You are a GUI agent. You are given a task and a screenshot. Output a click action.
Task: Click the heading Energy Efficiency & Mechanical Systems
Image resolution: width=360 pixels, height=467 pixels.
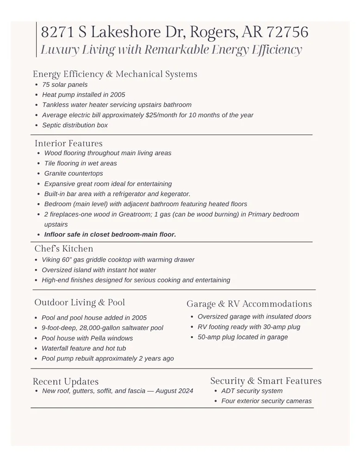(x=115, y=74)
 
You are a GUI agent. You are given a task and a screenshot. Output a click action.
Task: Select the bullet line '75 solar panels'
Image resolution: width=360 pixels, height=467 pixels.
(x=64, y=85)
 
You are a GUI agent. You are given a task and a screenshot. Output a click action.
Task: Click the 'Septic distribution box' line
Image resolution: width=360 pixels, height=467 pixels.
(x=74, y=125)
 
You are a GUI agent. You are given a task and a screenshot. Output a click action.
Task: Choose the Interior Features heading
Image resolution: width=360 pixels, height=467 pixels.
(x=68, y=143)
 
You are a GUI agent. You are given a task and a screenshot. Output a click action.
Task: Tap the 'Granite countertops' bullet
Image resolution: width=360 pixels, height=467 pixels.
(x=74, y=173)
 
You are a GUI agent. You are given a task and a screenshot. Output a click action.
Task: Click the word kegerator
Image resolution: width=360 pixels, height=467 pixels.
(x=175, y=194)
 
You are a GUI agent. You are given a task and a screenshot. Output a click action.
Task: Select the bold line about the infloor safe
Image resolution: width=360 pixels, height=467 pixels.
(x=110, y=234)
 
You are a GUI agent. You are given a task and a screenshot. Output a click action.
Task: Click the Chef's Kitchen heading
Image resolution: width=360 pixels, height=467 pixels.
(x=64, y=249)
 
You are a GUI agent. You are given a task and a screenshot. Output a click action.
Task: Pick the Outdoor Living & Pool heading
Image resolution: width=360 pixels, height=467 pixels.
(x=80, y=303)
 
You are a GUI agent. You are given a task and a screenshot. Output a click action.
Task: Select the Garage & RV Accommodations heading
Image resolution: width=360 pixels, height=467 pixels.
(x=249, y=304)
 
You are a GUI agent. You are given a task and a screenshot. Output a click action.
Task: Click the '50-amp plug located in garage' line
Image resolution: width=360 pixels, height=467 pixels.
(x=242, y=337)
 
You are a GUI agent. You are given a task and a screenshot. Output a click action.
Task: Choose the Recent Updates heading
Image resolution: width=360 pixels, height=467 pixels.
(x=66, y=381)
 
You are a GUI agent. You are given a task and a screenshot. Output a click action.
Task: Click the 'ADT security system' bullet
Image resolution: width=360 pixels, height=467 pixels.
(x=252, y=391)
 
